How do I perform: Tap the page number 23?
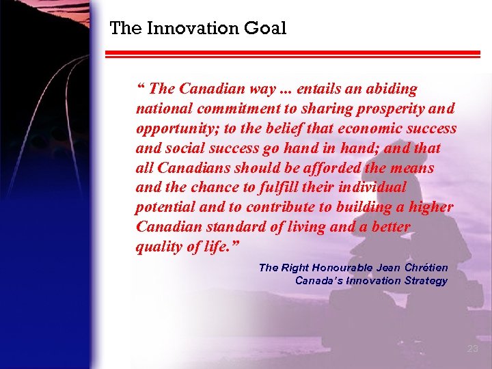point(472,348)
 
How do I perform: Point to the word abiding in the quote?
point(392,89)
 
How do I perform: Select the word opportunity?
point(173,128)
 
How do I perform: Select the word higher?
point(430,207)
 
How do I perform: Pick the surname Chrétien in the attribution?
point(426,268)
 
